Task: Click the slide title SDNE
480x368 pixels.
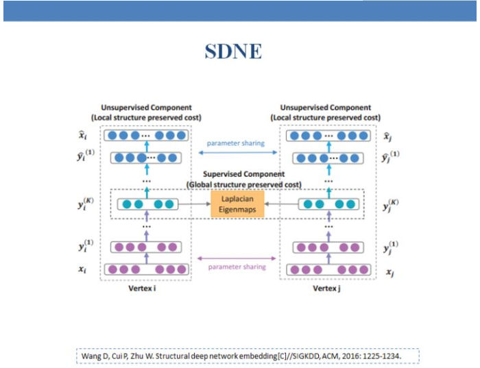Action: (233, 51)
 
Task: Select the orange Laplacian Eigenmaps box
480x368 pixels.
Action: (237, 204)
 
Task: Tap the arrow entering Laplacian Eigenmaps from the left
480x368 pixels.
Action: (196, 204)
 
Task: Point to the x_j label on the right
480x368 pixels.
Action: (389, 271)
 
